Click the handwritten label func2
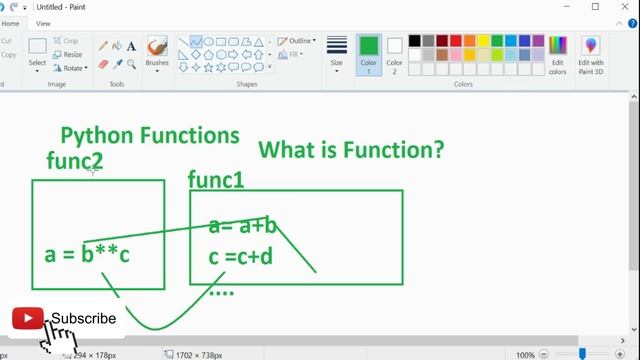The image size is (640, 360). pyautogui.click(x=74, y=160)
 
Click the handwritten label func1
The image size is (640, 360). pyautogui.click(x=216, y=180)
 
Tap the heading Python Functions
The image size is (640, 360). pyautogui.click(x=150, y=135)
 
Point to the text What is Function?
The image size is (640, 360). pyautogui.click(x=351, y=150)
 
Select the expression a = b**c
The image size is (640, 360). pyautogui.click(x=87, y=254)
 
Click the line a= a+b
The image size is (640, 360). pyautogui.click(x=243, y=226)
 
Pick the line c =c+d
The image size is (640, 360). pyautogui.click(x=240, y=257)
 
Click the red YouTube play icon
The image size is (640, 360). pyautogui.click(x=27, y=319)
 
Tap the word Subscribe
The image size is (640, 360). pyautogui.click(x=84, y=319)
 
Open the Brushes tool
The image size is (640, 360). pyautogui.click(x=157, y=51)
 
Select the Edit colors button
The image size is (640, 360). pyautogui.click(x=557, y=54)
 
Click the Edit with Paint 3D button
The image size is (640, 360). pyautogui.click(x=590, y=54)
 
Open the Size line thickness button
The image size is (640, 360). pyautogui.click(x=336, y=51)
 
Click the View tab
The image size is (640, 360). pyautogui.click(x=43, y=23)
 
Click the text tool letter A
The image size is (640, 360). pyautogui.click(x=131, y=46)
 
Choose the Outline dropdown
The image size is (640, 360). pyautogui.click(x=298, y=41)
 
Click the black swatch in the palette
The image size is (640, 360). pyautogui.click(x=414, y=41)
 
